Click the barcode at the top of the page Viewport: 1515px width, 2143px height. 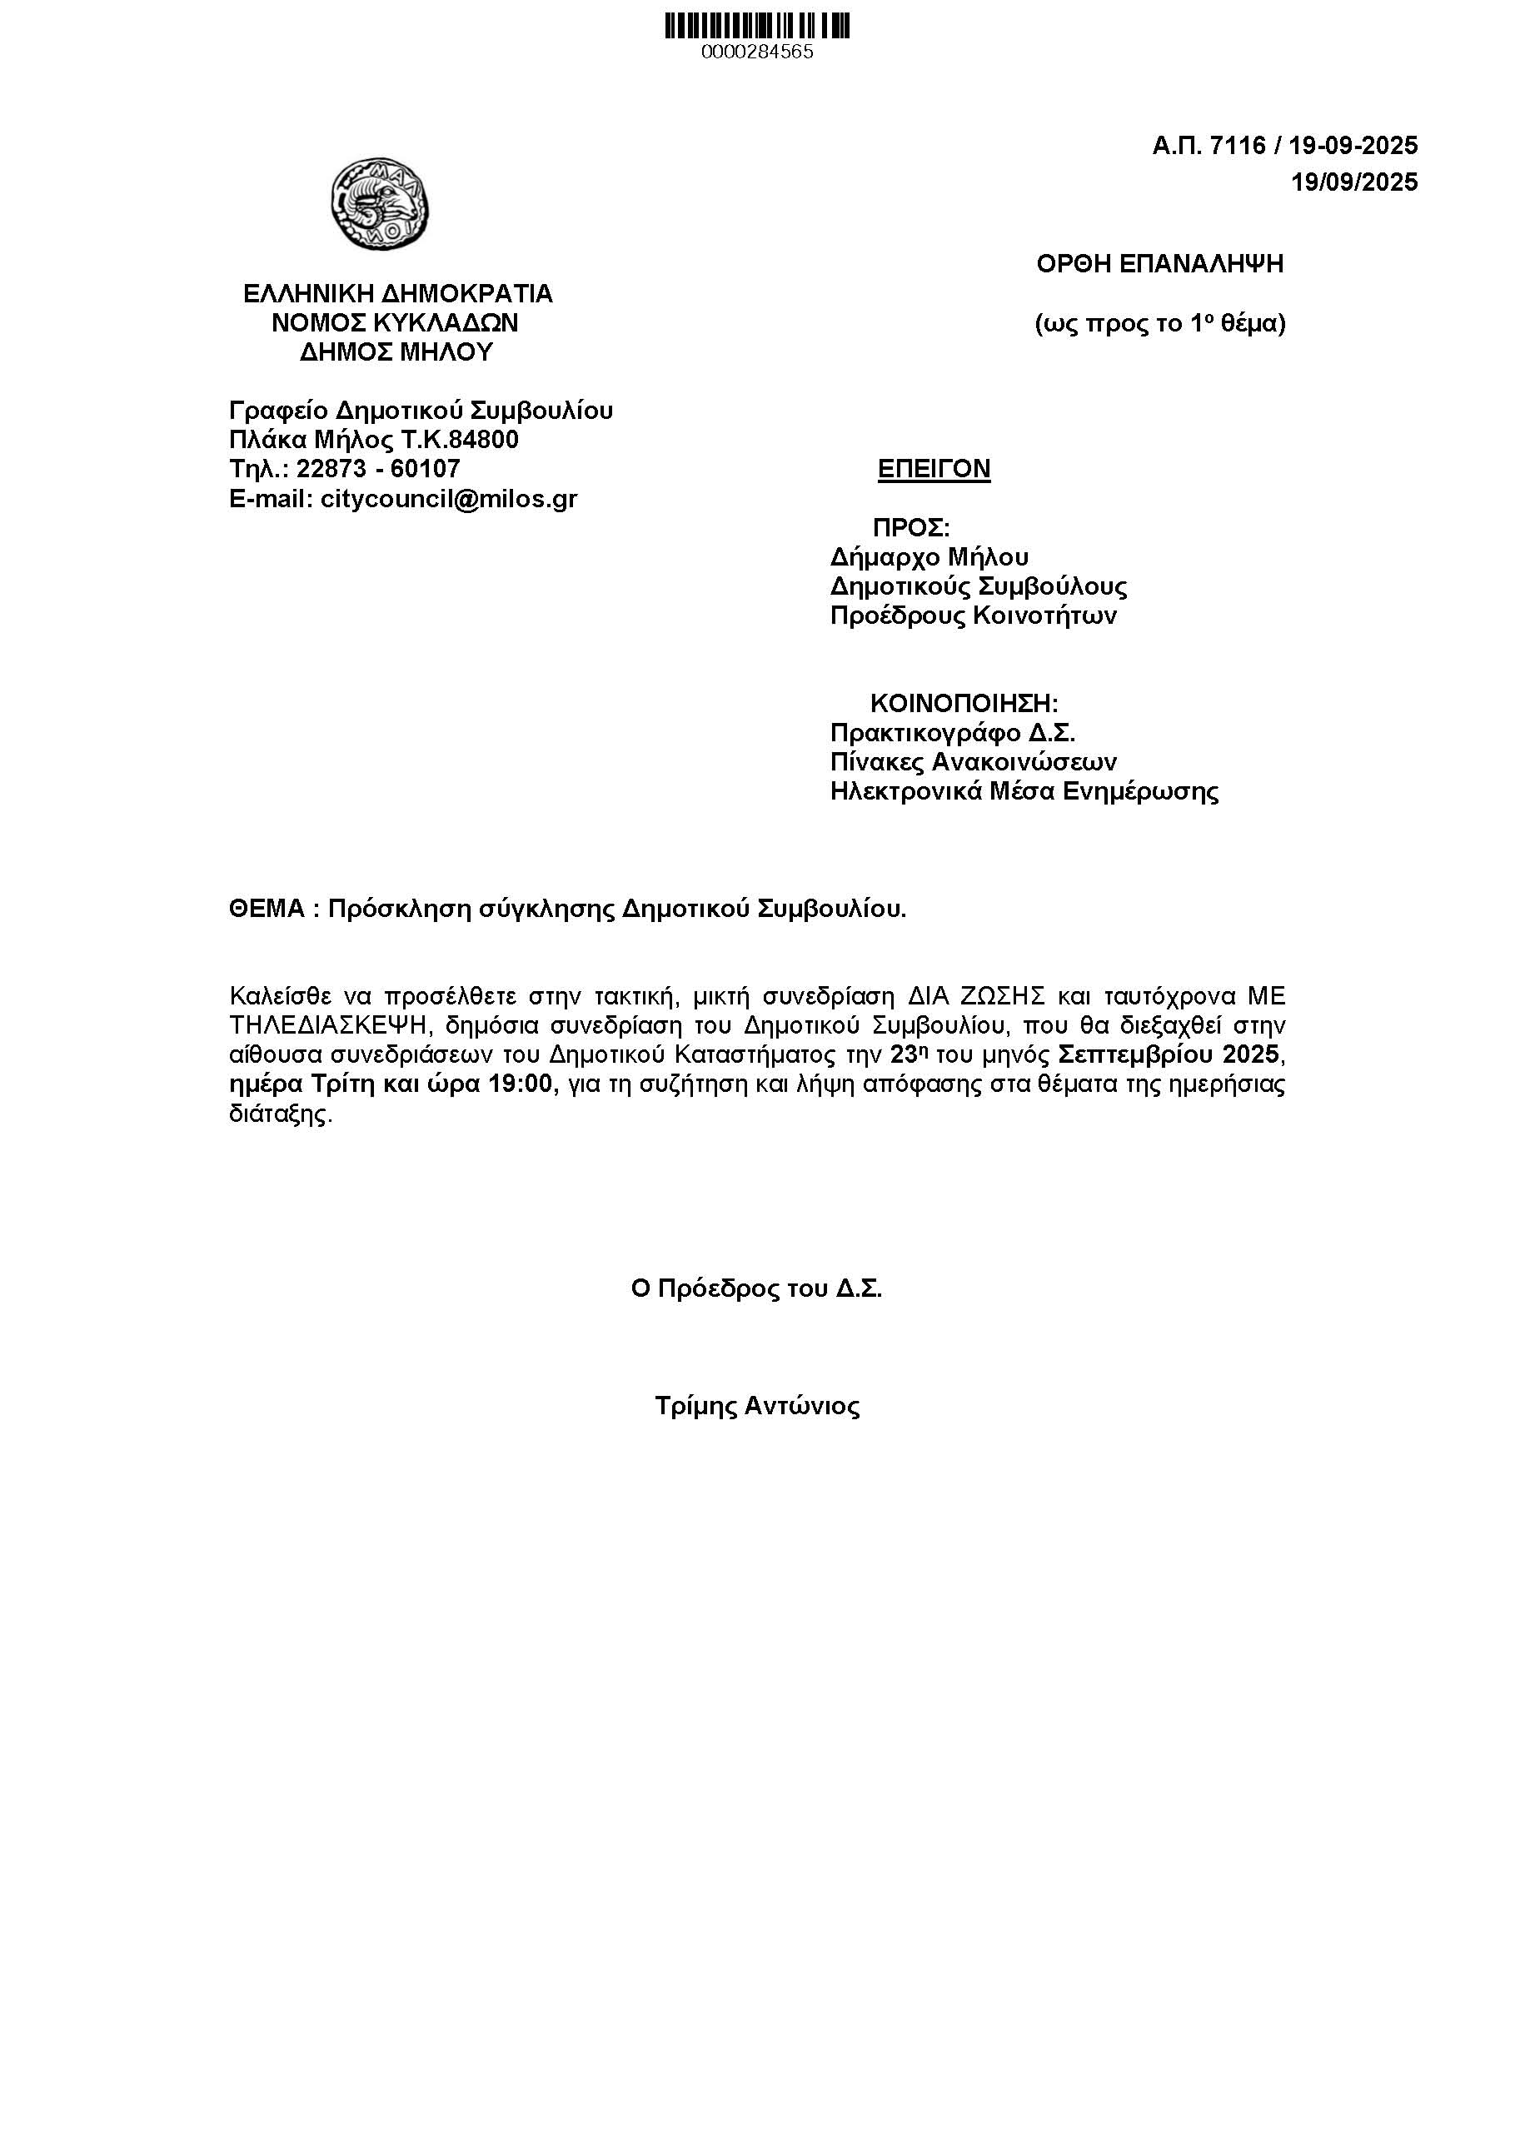757,25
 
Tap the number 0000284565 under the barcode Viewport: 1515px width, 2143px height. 757,52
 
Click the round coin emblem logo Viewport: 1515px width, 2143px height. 380,202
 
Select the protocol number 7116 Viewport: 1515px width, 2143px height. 1237,146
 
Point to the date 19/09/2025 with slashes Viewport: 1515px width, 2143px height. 1353,182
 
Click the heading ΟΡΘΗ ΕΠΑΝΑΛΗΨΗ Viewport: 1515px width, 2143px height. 1159,264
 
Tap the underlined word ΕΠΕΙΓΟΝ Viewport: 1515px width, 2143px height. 934,469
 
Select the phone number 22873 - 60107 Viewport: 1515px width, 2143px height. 378,469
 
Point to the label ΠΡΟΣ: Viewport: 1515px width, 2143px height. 911,527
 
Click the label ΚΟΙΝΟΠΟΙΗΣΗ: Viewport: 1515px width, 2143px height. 964,703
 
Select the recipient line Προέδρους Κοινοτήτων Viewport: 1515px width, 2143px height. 973,616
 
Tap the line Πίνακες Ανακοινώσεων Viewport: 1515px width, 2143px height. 973,763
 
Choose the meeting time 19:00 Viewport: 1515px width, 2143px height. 523,1084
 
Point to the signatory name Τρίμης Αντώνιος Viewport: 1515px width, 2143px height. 757,1407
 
